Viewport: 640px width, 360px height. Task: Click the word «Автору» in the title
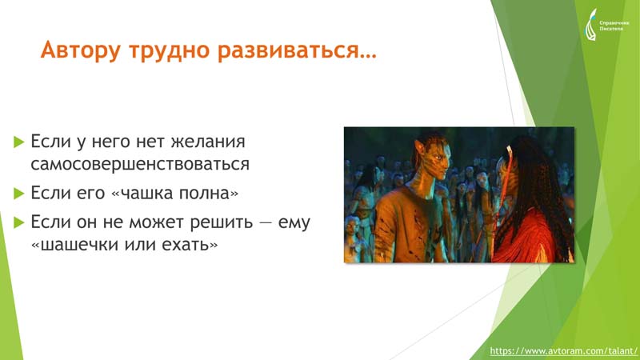[81, 50]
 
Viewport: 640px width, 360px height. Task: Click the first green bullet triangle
[18, 142]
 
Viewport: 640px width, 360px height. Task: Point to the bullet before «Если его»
[18, 193]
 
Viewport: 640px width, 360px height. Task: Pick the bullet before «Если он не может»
[18, 222]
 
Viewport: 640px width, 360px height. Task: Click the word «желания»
[208, 142]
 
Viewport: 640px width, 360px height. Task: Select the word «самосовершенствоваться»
[140, 164]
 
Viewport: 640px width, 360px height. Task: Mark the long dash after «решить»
[266, 223]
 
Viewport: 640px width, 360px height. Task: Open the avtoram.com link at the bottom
[563, 350]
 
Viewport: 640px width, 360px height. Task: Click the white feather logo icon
[591, 25]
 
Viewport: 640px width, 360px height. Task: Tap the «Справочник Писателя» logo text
[614, 26]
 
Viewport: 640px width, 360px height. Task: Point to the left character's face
[439, 158]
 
